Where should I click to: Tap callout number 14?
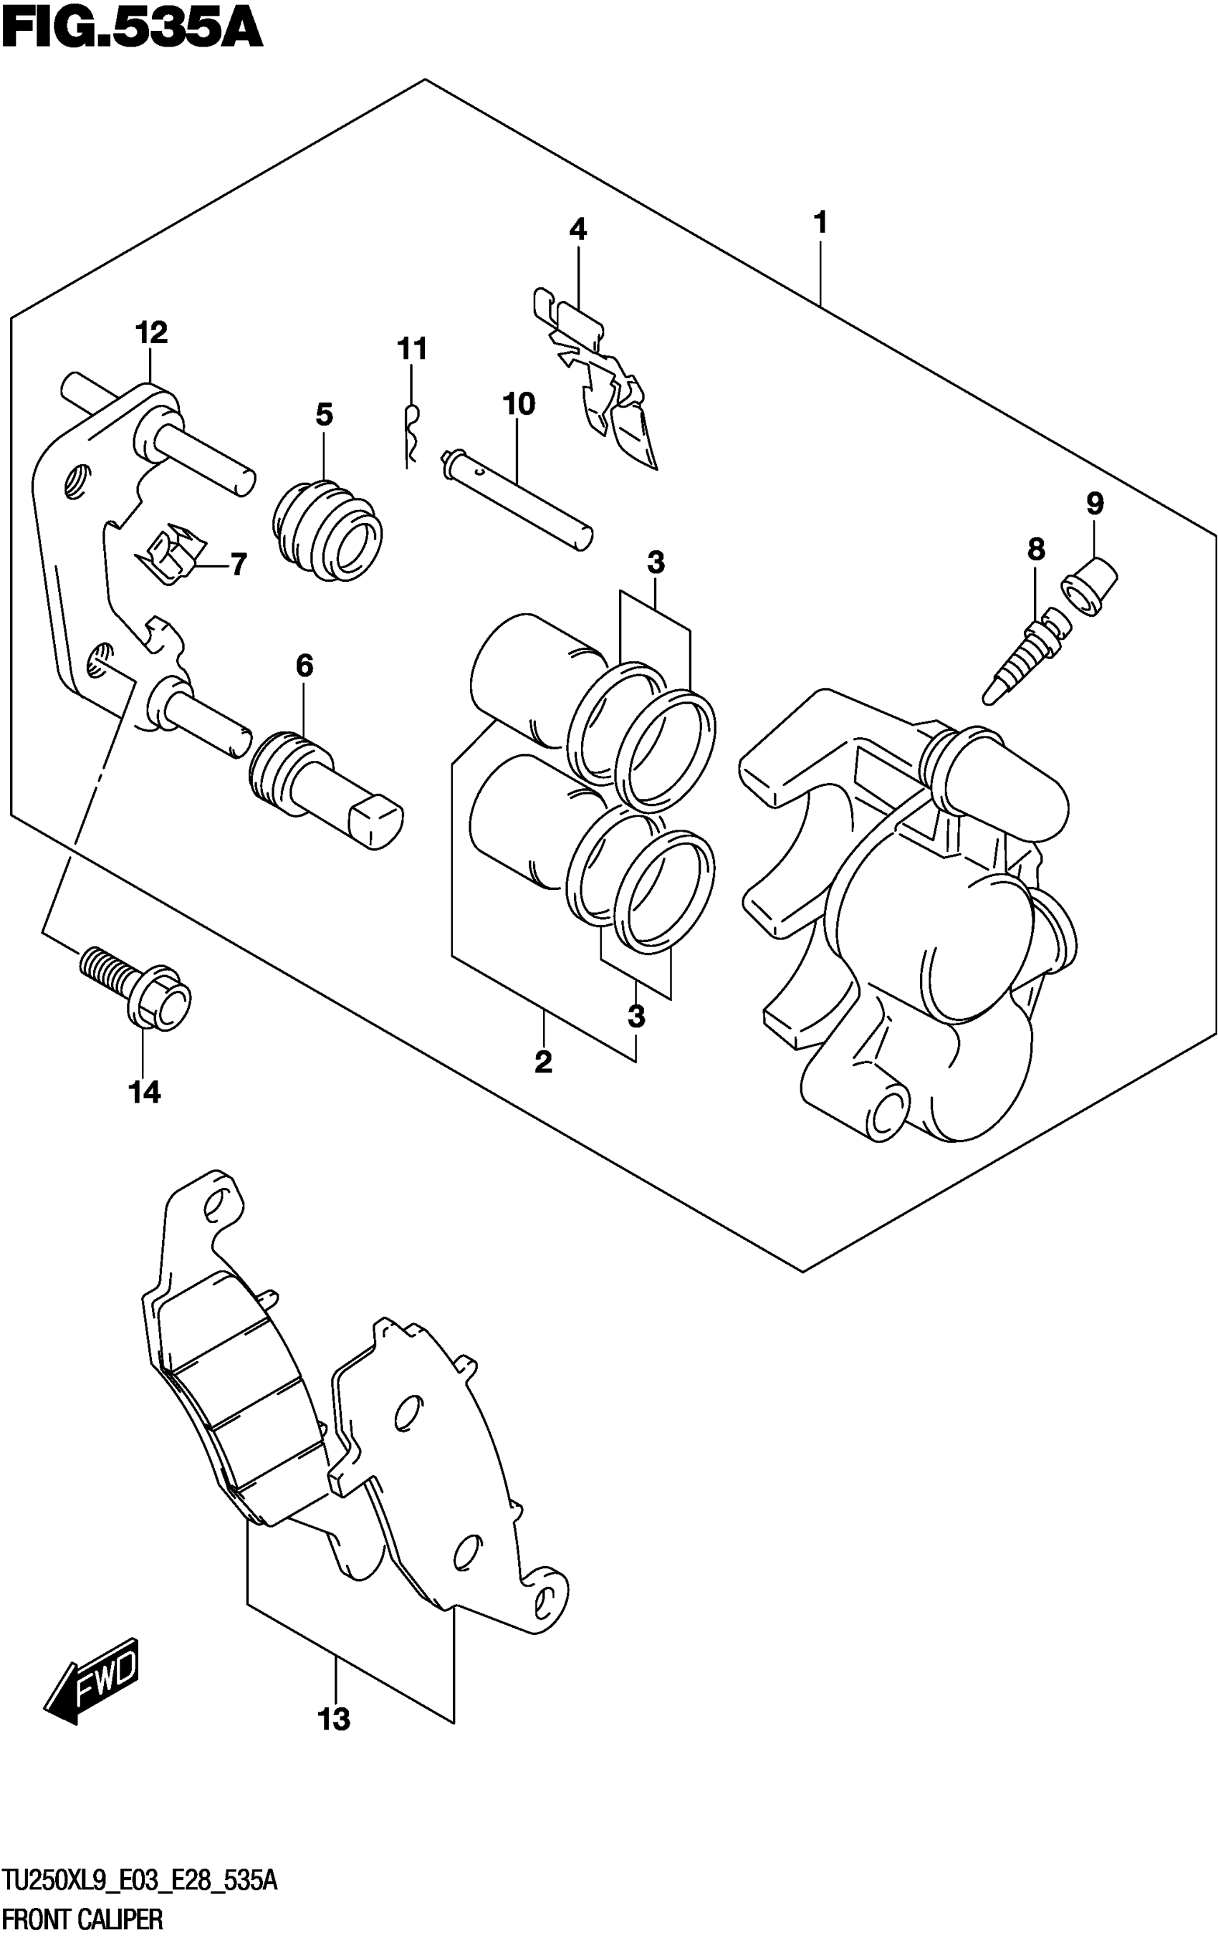pyautogui.click(x=145, y=1093)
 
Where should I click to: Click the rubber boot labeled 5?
pyautogui.click(x=325, y=529)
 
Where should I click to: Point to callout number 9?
pyautogui.click(x=1095, y=504)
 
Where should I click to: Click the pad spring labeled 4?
pyautogui.click(x=598, y=375)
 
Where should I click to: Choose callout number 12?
pyautogui.click(x=151, y=332)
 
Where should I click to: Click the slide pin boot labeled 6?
pyautogui.click(x=325, y=790)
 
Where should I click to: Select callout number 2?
pyautogui.click(x=543, y=1062)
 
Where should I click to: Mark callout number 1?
pyautogui.click(x=820, y=222)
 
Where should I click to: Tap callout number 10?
pyautogui.click(x=519, y=403)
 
